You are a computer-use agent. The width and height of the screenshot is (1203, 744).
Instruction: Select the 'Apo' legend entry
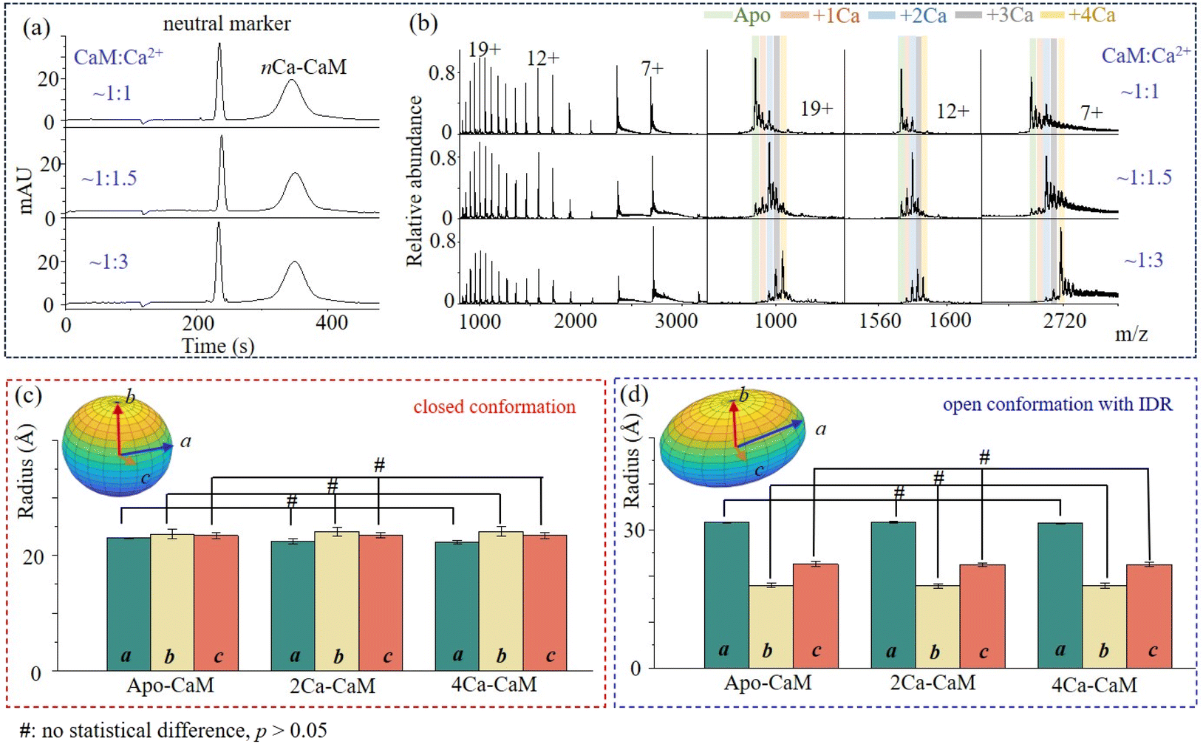click(737, 15)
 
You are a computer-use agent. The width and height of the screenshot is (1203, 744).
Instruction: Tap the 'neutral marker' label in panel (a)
click(227, 24)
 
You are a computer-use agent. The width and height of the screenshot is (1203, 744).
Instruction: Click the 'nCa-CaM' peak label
click(304, 67)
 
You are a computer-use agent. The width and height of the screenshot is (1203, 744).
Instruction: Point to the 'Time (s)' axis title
click(218, 345)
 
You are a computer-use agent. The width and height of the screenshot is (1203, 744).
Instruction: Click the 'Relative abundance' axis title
click(414, 181)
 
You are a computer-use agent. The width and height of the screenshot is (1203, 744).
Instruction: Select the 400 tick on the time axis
click(331, 323)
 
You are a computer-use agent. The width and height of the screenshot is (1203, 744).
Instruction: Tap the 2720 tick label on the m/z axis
click(1064, 321)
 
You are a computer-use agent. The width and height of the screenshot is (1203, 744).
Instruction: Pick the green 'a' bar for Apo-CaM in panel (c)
click(129, 604)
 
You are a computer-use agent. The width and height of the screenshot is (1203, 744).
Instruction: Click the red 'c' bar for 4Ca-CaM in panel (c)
click(545, 602)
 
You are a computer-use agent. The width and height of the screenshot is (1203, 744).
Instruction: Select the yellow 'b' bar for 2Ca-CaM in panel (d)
click(938, 627)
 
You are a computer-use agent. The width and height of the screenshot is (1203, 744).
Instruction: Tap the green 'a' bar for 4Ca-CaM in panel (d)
click(1060, 595)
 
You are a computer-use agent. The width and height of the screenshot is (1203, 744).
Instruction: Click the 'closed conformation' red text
click(494, 407)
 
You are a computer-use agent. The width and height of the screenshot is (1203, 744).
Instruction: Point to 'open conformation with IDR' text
click(1058, 404)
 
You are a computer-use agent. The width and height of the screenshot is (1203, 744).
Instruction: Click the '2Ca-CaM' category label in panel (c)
click(333, 686)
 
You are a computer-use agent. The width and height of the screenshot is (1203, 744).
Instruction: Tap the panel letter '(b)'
click(423, 24)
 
